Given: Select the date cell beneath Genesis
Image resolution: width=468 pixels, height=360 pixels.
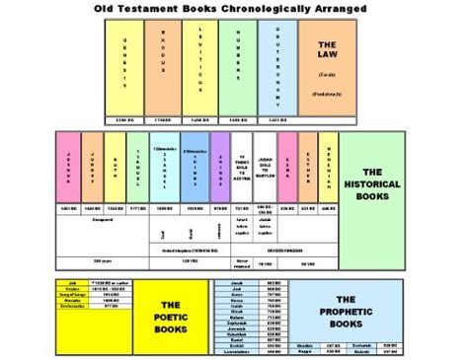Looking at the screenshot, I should [x=122, y=119].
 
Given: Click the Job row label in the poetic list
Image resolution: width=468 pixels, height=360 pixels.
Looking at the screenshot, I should [x=74, y=283].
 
